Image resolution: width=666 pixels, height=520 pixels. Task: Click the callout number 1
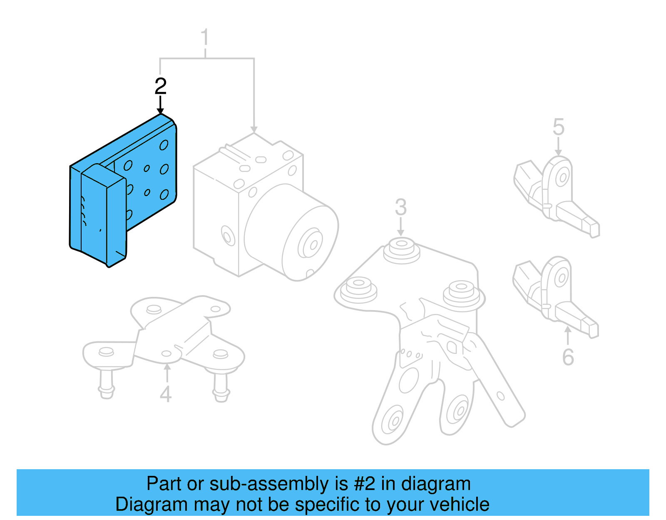pos(204,38)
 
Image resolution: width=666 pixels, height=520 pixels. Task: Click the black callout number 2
pos(160,86)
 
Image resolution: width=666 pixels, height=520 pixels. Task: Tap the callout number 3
pos(400,207)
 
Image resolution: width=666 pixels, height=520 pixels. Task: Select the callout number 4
pos(166,394)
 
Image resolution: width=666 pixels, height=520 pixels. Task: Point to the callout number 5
pos(559,127)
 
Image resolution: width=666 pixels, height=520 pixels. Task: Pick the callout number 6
pos(568,357)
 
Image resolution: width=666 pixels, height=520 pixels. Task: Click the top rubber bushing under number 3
pos(401,250)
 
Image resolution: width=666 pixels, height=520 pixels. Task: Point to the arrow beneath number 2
pos(160,105)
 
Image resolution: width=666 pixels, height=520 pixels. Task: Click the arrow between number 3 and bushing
pos(400,227)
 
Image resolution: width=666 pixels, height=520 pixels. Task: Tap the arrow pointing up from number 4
pos(166,373)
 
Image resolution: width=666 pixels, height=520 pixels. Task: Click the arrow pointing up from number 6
pos(567,336)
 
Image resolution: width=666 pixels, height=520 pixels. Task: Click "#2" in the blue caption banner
pos(364,484)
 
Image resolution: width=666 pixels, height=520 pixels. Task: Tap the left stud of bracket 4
pos(107,383)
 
